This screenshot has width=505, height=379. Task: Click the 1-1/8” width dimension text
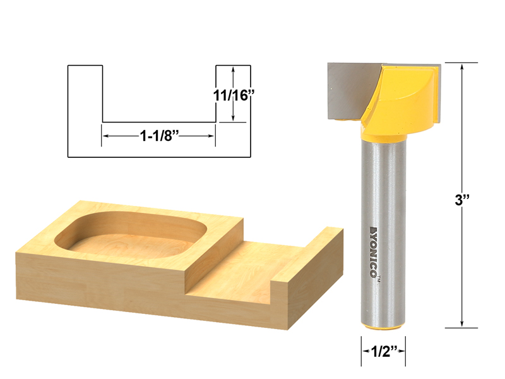click(158, 135)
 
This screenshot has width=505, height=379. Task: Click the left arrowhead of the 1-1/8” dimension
click(106, 135)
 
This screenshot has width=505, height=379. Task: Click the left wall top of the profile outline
click(85, 65)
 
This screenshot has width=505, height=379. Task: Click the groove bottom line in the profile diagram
click(159, 122)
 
